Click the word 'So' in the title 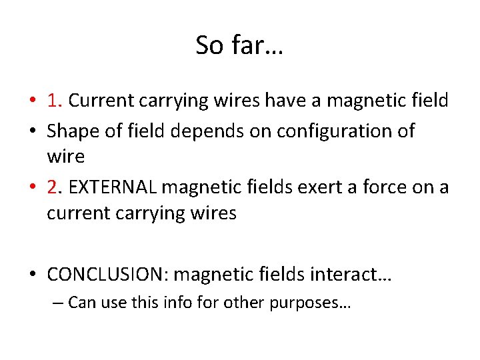pyautogui.click(x=210, y=45)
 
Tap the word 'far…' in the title pyautogui.click(x=257, y=45)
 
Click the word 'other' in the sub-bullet pyautogui.click(x=243, y=303)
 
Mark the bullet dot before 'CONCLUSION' pyautogui.click(x=33, y=275)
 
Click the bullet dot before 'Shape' pyautogui.click(x=33, y=132)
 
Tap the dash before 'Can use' pyautogui.click(x=57, y=303)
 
